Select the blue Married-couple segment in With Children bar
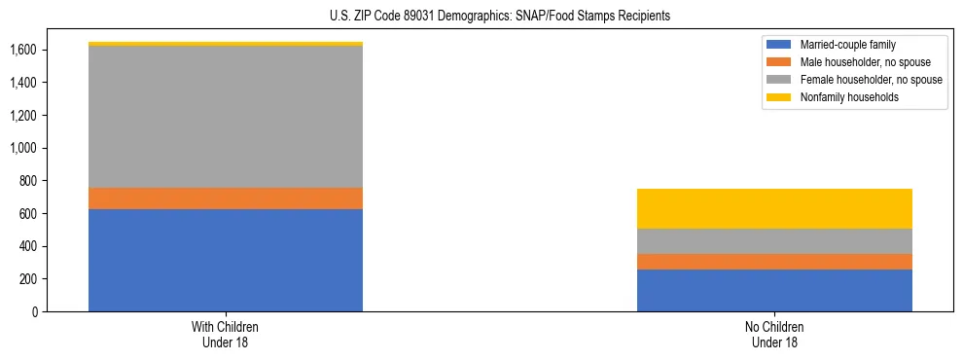click(x=226, y=260)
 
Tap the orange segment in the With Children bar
click(x=226, y=198)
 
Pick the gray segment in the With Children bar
click(x=226, y=116)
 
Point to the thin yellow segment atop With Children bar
click(x=226, y=44)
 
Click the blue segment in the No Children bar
click(x=774, y=290)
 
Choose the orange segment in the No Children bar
click(x=774, y=261)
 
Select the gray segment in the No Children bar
click(x=774, y=240)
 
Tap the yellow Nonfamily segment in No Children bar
click(x=774, y=208)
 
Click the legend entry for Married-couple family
click(x=847, y=45)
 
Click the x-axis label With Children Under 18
click(x=226, y=335)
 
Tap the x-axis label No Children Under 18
click(x=774, y=335)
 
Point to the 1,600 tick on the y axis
click(x=23, y=50)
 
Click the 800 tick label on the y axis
click(x=29, y=181)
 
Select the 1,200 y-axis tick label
click(x=23, y=116)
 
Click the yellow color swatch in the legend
click(x=779, y=97)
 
